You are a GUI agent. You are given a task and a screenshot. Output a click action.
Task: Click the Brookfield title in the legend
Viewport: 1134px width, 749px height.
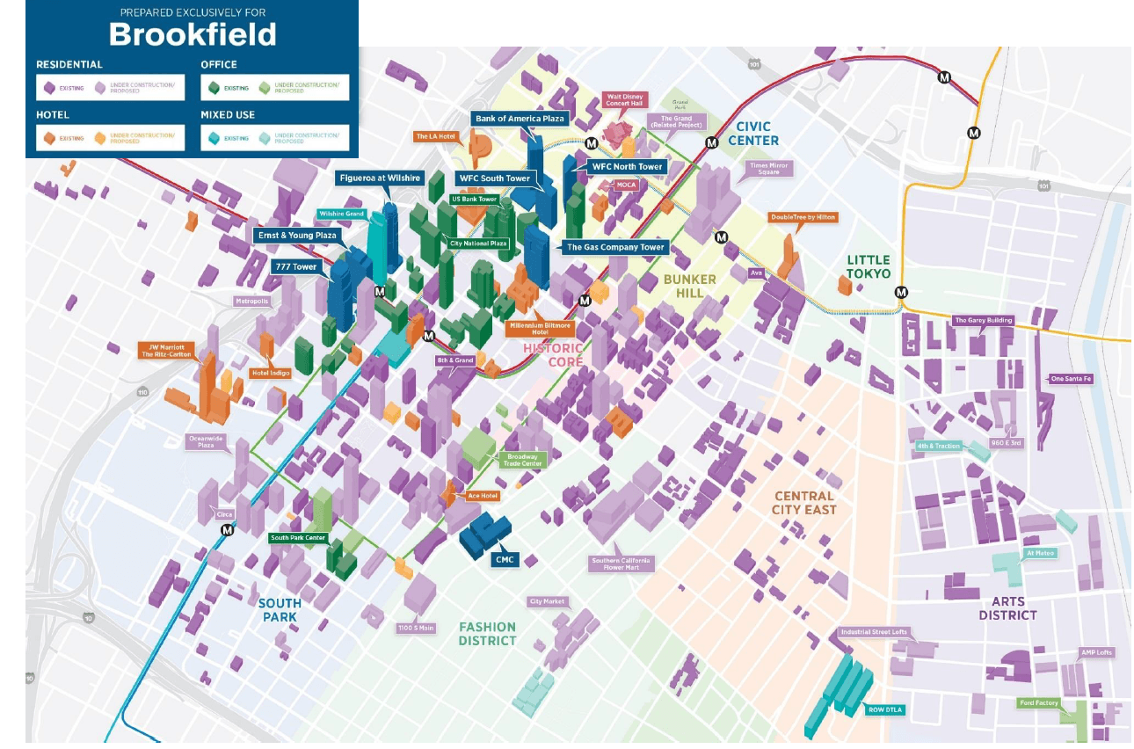click(x=192, y=34)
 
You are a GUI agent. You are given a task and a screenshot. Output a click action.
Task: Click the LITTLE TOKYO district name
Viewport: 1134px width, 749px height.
click(x=868, y=267)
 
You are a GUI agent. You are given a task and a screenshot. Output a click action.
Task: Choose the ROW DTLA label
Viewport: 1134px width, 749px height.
click(x=884, y=709)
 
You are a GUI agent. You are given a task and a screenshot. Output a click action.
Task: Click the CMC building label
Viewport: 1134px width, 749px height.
click(x=504, y=559)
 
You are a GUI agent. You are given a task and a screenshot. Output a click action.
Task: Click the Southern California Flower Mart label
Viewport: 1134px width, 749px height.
click(x=621, y=564)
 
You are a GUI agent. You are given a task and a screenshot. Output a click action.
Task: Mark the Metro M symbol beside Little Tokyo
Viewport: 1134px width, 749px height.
click(x=901, y=293)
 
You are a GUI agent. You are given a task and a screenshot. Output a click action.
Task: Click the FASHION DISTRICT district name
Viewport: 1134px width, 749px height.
click(x=487, y=634)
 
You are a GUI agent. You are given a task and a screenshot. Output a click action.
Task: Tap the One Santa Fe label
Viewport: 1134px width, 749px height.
click(x=1070, y=379)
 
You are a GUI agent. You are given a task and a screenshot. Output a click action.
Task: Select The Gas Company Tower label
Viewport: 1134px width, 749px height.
click(x=614, y=247)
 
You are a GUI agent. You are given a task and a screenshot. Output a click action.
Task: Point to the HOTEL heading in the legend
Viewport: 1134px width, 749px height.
click(x=54, y=114)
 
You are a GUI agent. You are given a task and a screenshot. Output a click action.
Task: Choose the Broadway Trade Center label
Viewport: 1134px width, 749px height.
click(x=524, y=460)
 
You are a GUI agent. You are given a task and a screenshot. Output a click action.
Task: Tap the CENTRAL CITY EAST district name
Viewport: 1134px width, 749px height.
click(x=804, y=503)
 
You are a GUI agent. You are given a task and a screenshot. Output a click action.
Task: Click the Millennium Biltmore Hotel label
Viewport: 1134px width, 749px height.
click(x=540, y=329)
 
